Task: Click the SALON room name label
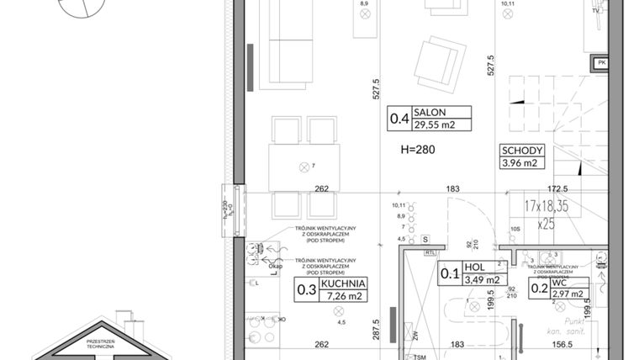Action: [x=435, y=112]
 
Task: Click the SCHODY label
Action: [x=523, y=151]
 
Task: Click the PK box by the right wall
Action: [x=600, y=62]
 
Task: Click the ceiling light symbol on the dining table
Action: [x=304, y=167]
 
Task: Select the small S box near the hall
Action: [x=426, y=239]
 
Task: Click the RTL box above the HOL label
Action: [x=430, y=251]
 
